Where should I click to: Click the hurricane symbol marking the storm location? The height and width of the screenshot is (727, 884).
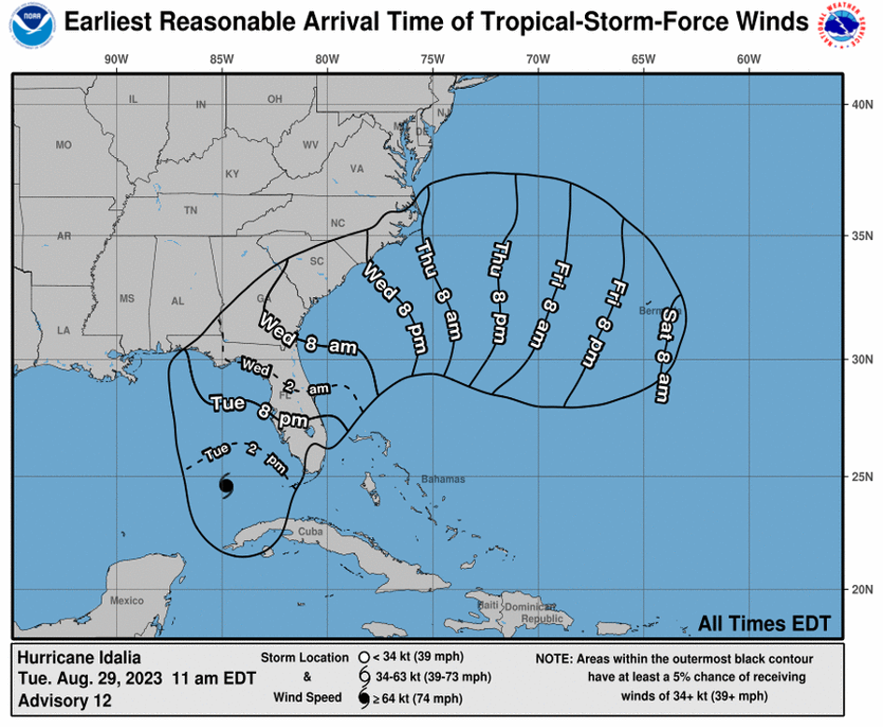[x=226, y=485]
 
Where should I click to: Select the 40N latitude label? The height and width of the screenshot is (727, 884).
[x=861, y=105]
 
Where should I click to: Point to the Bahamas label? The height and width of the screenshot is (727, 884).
[x=443, y=479]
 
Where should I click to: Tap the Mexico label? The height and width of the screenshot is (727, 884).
[x=126, y=600]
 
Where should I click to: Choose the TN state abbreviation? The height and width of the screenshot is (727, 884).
[x=191, y=210]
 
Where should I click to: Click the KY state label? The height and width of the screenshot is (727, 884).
[x=233, y=174]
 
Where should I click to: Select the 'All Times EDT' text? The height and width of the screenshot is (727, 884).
[x=763, y=623]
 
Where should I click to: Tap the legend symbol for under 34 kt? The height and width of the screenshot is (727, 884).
[x=361, y=656]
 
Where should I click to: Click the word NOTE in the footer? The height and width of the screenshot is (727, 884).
[x=557, y=659]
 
